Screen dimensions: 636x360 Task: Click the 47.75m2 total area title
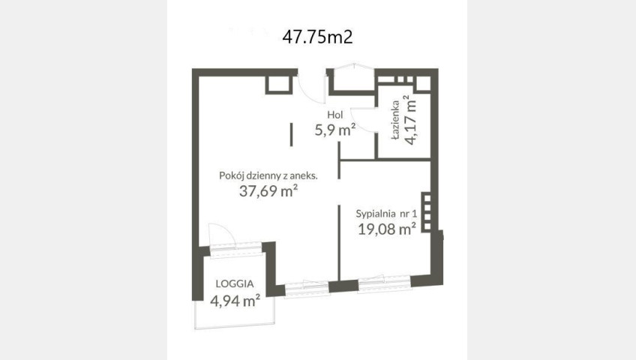317,37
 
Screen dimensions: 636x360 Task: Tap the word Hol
335,115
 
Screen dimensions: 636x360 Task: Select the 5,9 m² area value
335,130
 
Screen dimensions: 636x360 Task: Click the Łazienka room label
395,120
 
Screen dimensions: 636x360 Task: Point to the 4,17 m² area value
411,119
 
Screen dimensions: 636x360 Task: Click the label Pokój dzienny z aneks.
268,175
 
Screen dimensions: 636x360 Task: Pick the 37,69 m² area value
268,190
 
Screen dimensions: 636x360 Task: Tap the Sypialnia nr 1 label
386,214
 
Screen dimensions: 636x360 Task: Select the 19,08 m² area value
386,229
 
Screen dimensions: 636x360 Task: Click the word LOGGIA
235,283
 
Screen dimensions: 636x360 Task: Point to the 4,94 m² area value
235,301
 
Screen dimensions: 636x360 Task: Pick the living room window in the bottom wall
306,288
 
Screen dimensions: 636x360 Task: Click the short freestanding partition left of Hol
292,134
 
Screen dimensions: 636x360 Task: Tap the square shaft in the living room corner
279,85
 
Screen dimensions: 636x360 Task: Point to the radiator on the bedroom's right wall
426,212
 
